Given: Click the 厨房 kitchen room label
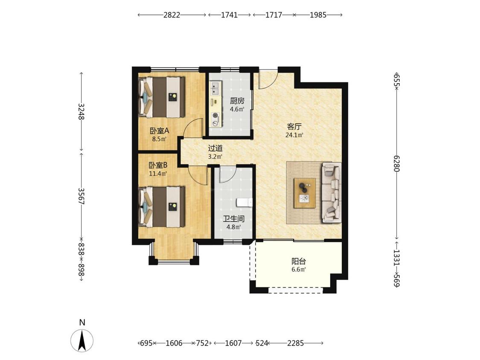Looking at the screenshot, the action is [237, 101].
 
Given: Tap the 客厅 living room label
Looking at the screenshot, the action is [294, 126].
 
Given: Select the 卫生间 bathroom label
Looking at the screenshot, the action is [233, 219].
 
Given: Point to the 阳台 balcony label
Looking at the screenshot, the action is [299, 261].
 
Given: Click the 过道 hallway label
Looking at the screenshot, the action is [215, 148].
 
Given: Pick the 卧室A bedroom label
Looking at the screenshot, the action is [159, 131].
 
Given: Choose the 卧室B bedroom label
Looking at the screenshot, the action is [158, 165].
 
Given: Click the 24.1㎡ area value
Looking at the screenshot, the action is [294, 135].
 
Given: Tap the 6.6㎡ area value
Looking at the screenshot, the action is [299, 270].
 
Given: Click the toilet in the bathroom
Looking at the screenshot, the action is [244, 202].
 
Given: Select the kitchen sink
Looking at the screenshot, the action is [215, 88].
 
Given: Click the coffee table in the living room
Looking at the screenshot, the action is [305, 193].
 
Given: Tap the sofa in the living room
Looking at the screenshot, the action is [331, 192].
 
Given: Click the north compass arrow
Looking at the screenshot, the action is [82, 340].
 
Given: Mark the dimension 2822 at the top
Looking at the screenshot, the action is [172, 15].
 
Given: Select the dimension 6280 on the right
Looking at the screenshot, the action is [397, 163].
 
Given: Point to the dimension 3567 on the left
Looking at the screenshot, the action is [81, 196].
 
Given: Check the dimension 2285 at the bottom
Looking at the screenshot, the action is [295, 343].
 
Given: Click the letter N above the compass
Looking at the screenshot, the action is [82, 322].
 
